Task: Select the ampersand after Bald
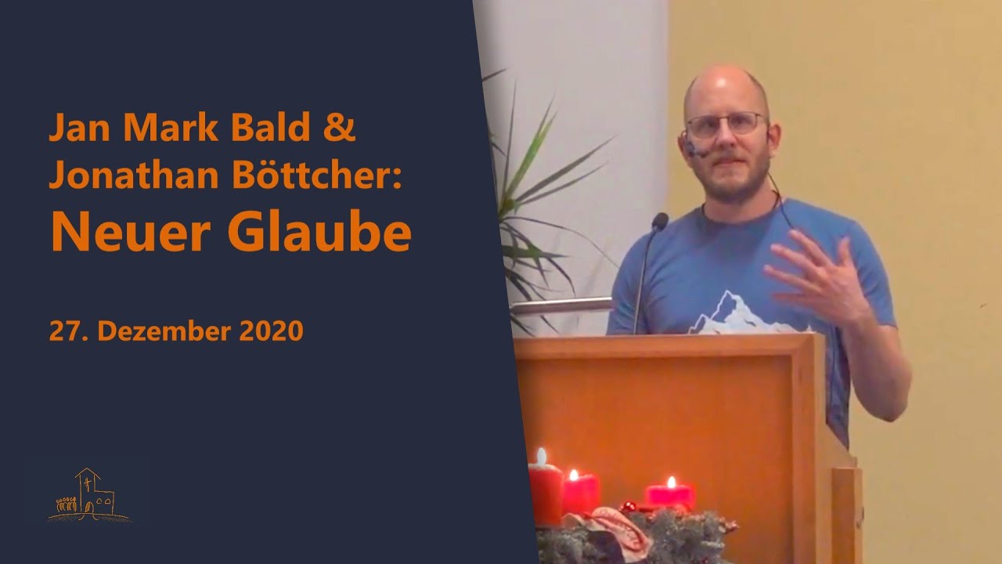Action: coord(339,127)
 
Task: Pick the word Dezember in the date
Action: coord(164,331)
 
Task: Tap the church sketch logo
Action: coord(88,495)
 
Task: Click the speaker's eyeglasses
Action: coord(725,124)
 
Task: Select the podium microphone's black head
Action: coord(660,222)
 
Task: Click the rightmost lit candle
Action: coord(669,493)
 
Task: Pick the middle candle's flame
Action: coord(573,475)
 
